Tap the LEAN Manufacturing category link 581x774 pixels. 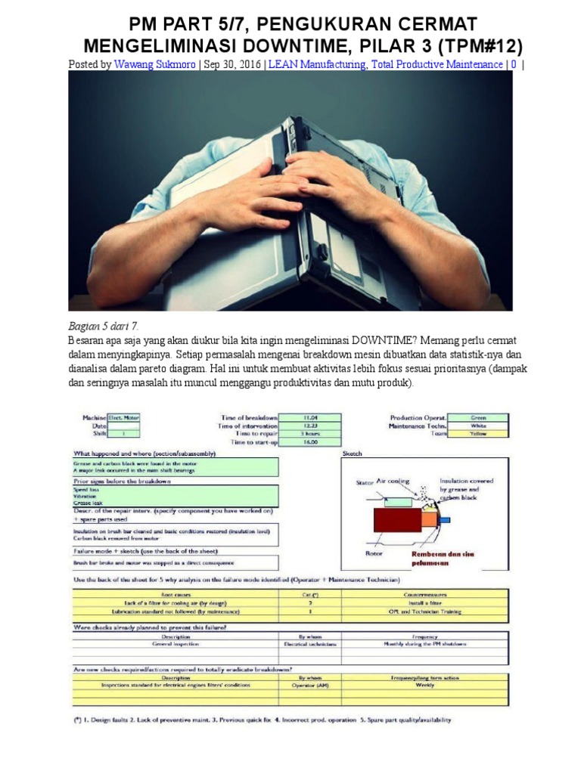[316, 65]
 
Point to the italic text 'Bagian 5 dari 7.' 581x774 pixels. [104, 325]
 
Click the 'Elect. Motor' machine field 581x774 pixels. [124, 417]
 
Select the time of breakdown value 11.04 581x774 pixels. [310, 417]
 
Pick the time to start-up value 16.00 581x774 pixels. [310, 442]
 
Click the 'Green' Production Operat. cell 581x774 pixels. [478, 417]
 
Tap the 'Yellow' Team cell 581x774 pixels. [478, 434]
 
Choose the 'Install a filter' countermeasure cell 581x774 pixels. [425, 603]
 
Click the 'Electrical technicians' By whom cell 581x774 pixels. [310, 644]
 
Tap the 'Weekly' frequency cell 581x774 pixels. [425, 685]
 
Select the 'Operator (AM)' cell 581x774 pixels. [310, 685]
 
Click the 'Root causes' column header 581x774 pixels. [176, 595]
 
